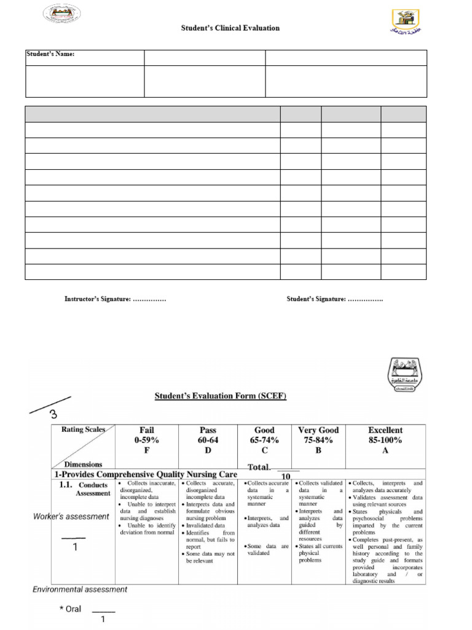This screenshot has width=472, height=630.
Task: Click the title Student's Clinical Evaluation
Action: (230, 28)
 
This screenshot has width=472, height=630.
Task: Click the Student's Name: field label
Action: (50, 55)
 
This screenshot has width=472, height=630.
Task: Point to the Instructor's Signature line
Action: (115, 299)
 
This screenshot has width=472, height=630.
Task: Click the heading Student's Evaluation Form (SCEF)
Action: (220, 396)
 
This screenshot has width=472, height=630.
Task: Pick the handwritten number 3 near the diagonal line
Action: (53, 414)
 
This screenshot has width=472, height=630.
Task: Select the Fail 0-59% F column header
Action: (147, 440)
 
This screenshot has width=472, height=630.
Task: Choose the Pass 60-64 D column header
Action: (208, 440)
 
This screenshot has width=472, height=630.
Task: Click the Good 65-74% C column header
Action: (264, 440)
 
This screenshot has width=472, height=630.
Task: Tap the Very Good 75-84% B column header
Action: (318, 440)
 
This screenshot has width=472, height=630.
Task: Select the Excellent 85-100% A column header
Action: (385, 440)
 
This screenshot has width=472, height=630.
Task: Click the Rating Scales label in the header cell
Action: (83, 429)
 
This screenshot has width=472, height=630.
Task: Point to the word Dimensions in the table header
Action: (83, 465)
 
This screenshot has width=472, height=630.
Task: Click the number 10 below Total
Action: (286, 477)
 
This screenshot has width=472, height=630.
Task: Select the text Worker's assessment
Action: (71, 517)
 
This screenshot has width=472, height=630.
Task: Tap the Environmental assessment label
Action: (80, 589)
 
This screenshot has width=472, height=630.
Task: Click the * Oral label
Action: (70, 609)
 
